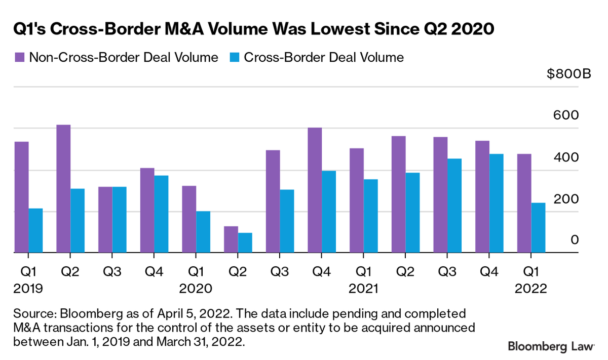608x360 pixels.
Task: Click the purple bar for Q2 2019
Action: coord(63,188)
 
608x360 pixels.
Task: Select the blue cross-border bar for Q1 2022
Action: coord(538,227)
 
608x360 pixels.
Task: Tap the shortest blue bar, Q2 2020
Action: coord(245,243)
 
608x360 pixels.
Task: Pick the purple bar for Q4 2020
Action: coord(315,190)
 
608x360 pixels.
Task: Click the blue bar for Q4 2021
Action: coord(496,203)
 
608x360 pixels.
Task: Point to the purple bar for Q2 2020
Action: coord(231,239)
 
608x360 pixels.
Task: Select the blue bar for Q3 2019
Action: coord(119,219)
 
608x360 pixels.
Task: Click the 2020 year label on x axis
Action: coord(196,289)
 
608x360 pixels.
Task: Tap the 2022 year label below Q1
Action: coord(531,289)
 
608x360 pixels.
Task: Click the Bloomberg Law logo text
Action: coord(551,346)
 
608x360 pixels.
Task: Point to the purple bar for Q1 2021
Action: coord(357,201)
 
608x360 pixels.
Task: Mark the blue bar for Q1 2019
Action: coord(35,230)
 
